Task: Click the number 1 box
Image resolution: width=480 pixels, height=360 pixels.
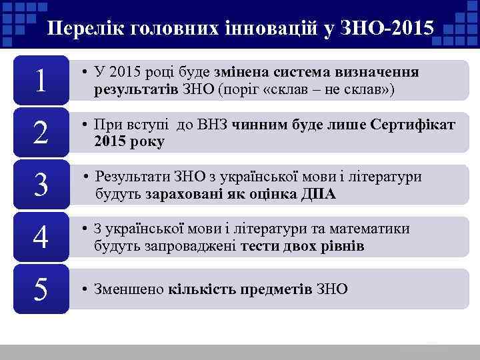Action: (x=41, y=81)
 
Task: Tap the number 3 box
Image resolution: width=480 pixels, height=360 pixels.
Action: (x=41, y=185)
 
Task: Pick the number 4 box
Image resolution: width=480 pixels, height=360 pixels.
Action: (x=41, y=237)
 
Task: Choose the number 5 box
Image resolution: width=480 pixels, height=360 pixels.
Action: (x=41, y=289)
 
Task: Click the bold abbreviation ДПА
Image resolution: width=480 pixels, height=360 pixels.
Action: (x=319, y=194)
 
